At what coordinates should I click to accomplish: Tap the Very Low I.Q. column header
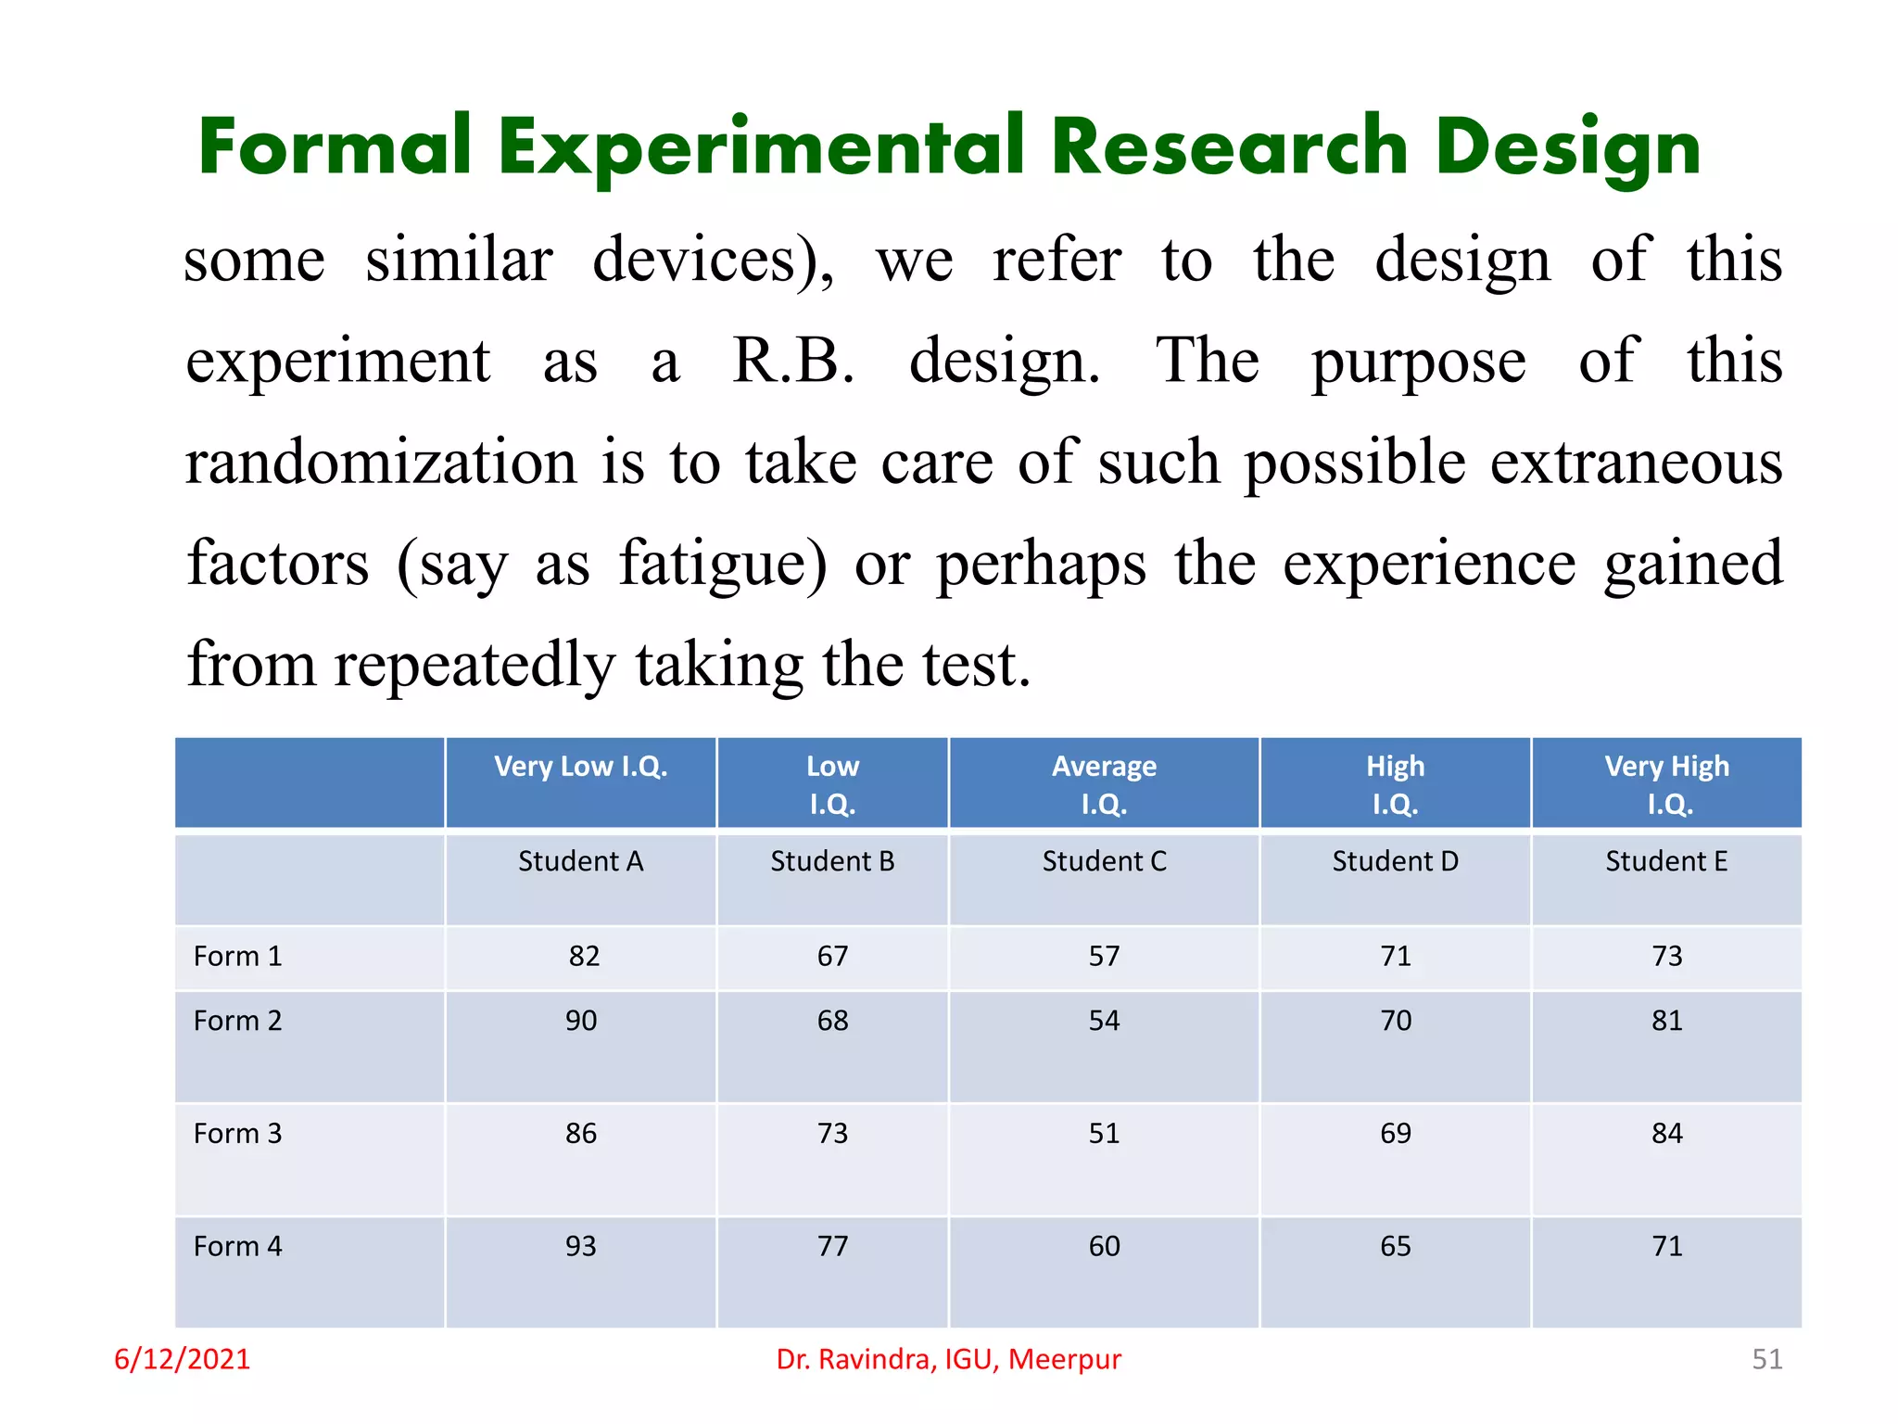tap(580, 767)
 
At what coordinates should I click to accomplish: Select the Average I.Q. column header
tap(1104, 784)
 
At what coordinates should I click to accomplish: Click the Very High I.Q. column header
tap(1666, 784)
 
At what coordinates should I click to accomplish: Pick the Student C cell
tap(1104, 861)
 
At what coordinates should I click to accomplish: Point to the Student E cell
tap(1666, 861)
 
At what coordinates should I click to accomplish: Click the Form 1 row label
tap(237, 956)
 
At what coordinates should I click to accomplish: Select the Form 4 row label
tap(237, 1246)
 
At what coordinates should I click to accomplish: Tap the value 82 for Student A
tap(584, 956)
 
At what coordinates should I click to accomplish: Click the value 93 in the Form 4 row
tap(581, 1246)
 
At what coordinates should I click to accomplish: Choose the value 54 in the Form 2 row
tap(1104, 1021)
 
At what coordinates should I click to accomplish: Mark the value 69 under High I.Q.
tap(1396, 1133)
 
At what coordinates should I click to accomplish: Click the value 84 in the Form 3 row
tap(1666, 1133)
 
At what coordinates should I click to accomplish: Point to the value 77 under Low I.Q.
tap(832, 1246)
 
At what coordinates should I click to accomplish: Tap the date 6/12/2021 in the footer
tap(182, 1359)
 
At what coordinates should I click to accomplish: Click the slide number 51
tap(1766, 1359)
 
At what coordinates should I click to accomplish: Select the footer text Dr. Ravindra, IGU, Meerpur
tap(948, 1359)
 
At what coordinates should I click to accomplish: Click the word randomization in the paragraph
tap(381, 463)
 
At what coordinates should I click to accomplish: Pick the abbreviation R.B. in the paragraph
tap(793, 361)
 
